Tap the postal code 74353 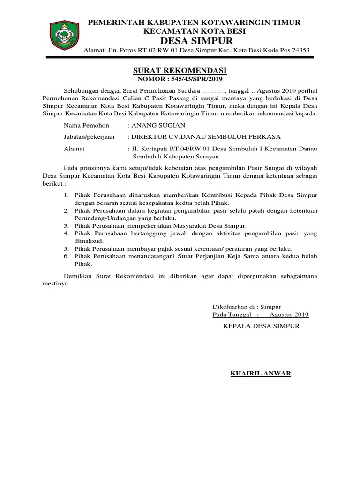tap(299, 51)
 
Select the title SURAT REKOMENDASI tap(180, 70)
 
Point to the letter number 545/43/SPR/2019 tap(195, 79)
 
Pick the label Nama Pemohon tap(86, 125)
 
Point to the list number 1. tap(65, 195)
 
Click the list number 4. tap(65, 233)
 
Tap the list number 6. tap(65, 256)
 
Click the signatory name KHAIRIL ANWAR tap(260, 374)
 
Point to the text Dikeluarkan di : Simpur tap(241, 307)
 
